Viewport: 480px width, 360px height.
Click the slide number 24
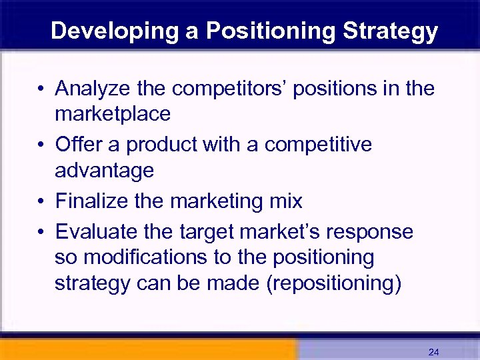pyautogui.click(x=433, y=351)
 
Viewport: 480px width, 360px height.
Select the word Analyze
pyautogui.click(x=93, y=88)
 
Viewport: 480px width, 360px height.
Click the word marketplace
pyautogui.click(x=113, y=114)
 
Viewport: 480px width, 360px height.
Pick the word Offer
pyautogui.click(x=75, y=144)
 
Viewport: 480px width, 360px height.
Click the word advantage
pyautogui.click(x=104, y=171)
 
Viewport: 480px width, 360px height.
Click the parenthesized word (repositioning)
pyautogui.click(x=333, y=283)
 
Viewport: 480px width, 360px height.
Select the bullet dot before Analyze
pyautogui.click(x=41, y=89)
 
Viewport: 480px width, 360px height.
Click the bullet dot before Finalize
pyautogui.click(x=41, y=201)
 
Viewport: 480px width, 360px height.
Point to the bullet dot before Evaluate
pyautogui.click(x=41, y=232)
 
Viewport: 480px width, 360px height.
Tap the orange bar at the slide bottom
pyautogui.click(x=147, y=349)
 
